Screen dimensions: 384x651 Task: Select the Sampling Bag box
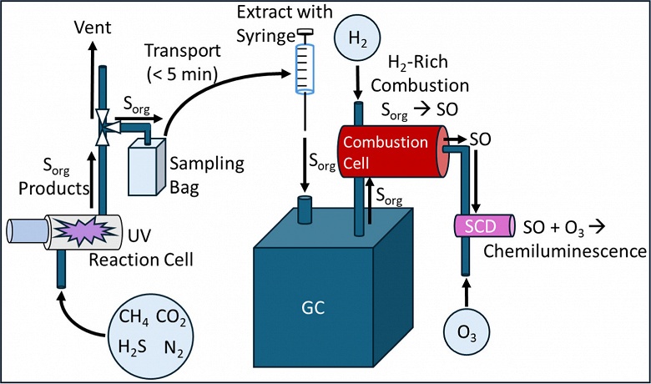150,171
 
